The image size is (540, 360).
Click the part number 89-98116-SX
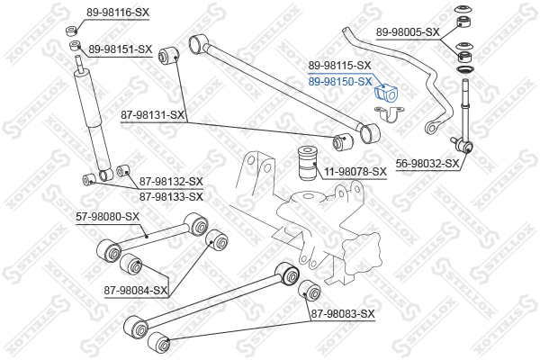point(118,13)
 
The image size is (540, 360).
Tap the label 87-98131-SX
point(153,115)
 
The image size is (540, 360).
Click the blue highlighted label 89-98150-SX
point(340,81)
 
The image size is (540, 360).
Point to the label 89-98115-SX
point(340,66)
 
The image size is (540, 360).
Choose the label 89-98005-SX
point(408,31)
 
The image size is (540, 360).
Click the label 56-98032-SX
point(427,164)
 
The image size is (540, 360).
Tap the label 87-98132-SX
point(171,182)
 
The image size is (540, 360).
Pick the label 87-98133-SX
point(171,196)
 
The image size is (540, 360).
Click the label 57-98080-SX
point(107,216)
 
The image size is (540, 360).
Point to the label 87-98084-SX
point(136,290)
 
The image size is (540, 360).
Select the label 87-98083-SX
point(341,313)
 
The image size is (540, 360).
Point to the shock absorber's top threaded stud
point(82,64)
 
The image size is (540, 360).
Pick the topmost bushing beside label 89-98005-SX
point(465,13)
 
